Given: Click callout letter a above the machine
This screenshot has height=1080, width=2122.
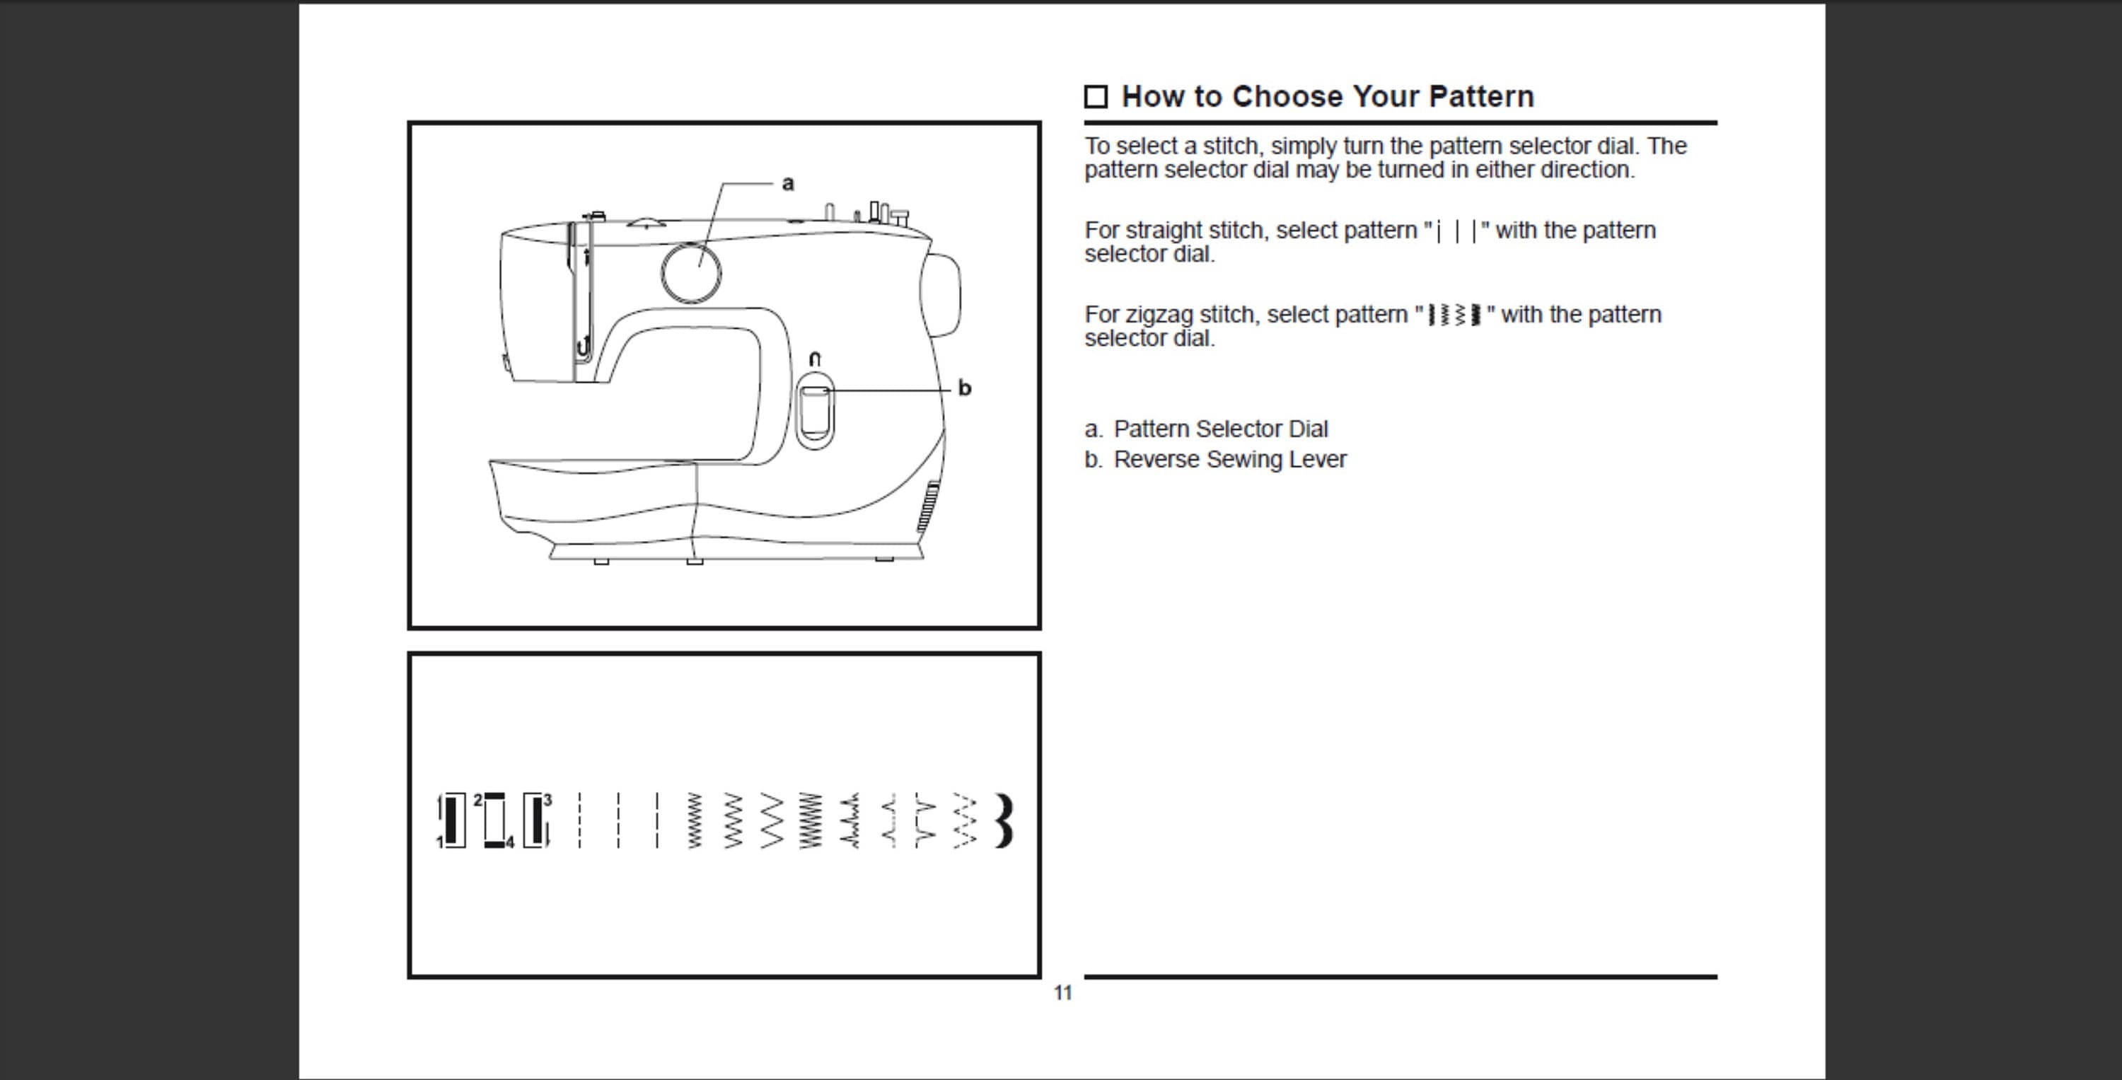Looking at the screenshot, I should (x=787, y=184).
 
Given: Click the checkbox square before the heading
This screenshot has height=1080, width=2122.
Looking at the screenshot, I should (x=1096, y=97).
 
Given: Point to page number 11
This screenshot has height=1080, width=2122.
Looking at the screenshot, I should (x=1062, y=993).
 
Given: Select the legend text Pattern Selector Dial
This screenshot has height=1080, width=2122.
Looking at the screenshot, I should (x=1220, y=429).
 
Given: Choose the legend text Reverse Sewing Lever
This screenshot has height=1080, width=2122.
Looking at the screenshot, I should (x=1229, y=460).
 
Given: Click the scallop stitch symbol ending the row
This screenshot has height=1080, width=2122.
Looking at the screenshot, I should (x=1004, y=820).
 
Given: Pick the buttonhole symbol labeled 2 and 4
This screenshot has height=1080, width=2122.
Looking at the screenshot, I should (x=494, y=820).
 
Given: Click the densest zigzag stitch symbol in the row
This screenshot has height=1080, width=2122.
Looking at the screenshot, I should (x=811, y=820).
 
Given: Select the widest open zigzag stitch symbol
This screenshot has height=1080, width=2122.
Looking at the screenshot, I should (x=772, y=820).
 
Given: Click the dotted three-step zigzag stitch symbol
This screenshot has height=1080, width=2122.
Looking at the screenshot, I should (x=965, y=820).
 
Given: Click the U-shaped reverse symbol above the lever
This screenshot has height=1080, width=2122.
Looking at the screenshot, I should (x=815, y=359).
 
